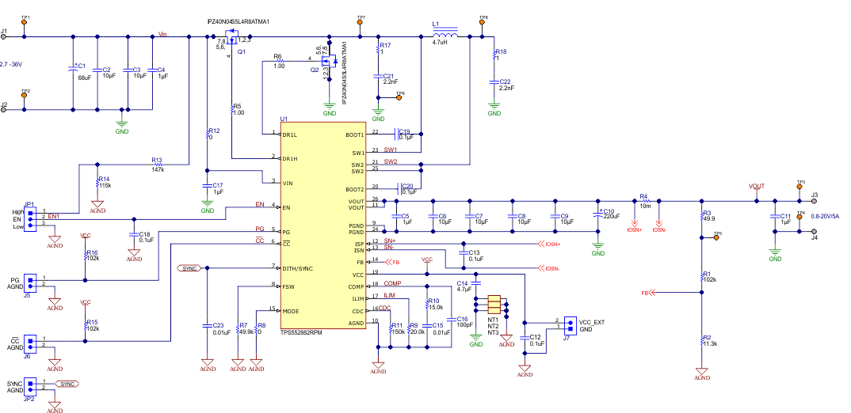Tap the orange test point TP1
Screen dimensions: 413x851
25,23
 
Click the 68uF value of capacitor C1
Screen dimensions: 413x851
83,77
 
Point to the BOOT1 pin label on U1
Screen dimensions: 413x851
355,135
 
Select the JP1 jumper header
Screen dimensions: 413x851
31,218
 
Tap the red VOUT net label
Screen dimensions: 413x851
757,187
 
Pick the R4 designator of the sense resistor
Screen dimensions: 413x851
643,195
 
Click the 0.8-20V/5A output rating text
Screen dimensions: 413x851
830,216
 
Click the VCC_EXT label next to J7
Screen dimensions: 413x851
591,321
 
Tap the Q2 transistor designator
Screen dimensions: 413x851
315,70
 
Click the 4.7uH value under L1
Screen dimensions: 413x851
441,43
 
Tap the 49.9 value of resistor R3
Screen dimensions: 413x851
708,219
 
